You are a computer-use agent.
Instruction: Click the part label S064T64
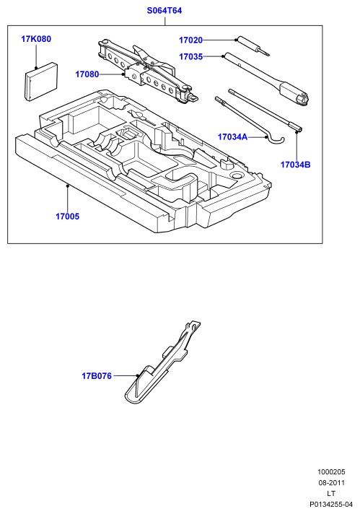pyautogui.click(x=164, y=11)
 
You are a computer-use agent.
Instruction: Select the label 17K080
pyautogui.click(x=36, y=39)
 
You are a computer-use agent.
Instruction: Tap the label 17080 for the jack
pyautogui.click(x=87, y=74)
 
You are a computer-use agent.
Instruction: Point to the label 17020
pyautogui.click(x=190, y=40)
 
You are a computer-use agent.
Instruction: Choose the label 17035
pyautogui.click(x=190, y=57)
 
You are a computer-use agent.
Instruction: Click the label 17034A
pyautogui.click(x=232, y=136)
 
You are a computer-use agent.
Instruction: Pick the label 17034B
pyautogui.click(x=295, y=165)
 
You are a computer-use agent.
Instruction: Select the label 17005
pyautogui.click(x=67, y=217)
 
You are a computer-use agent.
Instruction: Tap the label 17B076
pyautogui.click(x=97, y=375)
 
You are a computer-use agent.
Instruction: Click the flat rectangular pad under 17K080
pyautogui.click(x=42, y=82)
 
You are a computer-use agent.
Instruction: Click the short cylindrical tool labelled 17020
pyautogui.click(x=253, y=45)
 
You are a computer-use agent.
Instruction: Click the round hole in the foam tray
pyautogui.click(x=236, y=175)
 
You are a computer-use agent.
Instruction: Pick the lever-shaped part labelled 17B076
pyautogui.click(x=162, y=362)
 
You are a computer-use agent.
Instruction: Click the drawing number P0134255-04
pyautogui.click(x=331, y=504)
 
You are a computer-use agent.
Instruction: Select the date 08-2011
pyautogui.click(x=331, y=482)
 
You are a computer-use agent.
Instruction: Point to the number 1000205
pyautogui.click(x=331, y=472)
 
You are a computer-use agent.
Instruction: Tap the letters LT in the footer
pyautogui.click(x=331, y=493)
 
